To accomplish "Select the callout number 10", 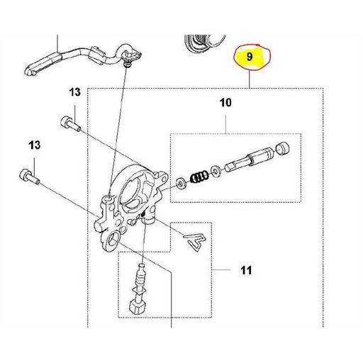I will [x=225, y=104].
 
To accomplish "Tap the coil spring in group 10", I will [x=201, y=174].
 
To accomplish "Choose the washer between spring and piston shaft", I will [x=215, y=170].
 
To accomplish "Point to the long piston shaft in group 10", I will [x=248, y=160].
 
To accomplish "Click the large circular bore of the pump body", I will [x=136, y=188].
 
